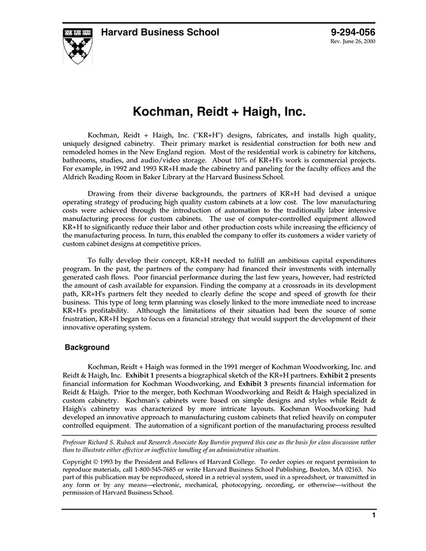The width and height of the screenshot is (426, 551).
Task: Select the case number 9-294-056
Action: point(353,32)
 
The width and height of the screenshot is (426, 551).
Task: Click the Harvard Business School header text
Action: point(160,32)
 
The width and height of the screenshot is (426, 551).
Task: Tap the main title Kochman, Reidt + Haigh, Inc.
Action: point(219,113)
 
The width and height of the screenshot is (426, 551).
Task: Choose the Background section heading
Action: point(87,348)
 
